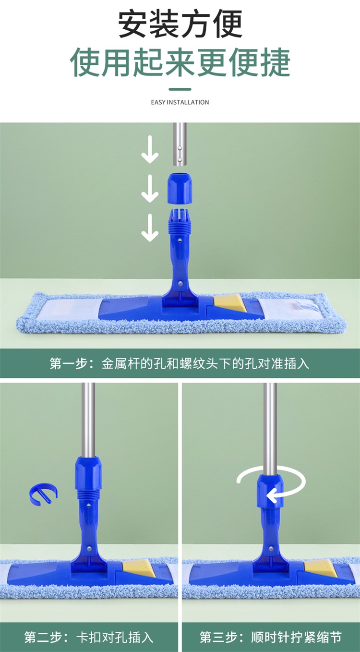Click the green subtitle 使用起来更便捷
[180, 62]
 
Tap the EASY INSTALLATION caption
[180, 102]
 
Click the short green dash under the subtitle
[180, 89]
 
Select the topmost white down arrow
[150, 149]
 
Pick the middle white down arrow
[150, 189]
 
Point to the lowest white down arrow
[150, 228]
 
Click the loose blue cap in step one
[180, 189]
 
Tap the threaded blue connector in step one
[180, 222]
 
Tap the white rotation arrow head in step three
[272, 496]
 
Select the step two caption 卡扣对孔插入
[115, 637]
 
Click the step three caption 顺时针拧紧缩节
[296, 637]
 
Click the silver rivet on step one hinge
[181, 283]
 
